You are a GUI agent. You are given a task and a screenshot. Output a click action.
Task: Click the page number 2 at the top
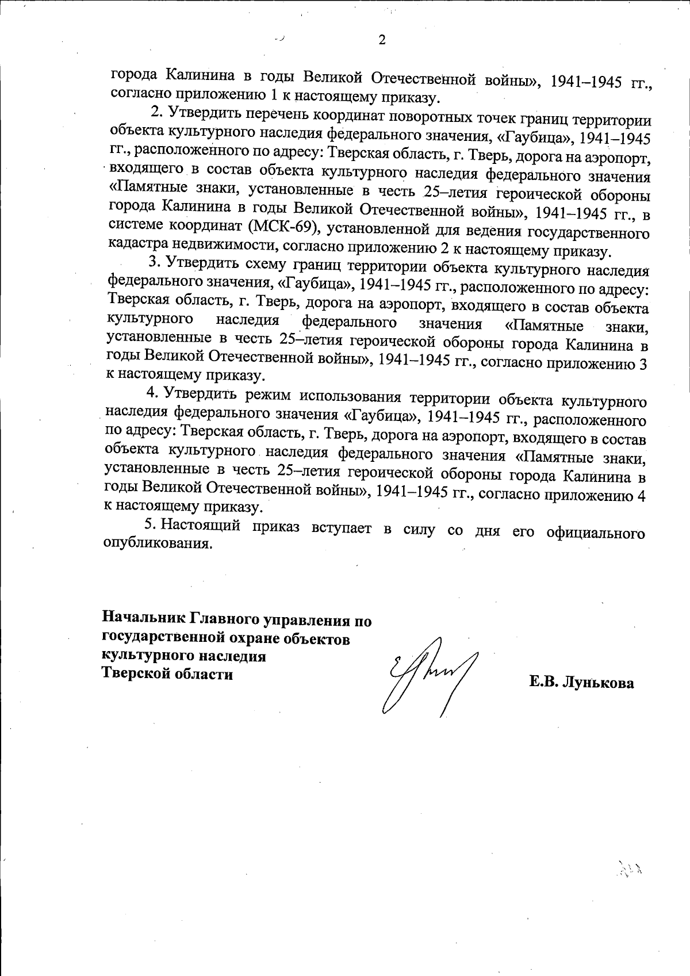click(382, 40)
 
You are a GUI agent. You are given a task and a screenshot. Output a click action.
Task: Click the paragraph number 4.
click(152, 393)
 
